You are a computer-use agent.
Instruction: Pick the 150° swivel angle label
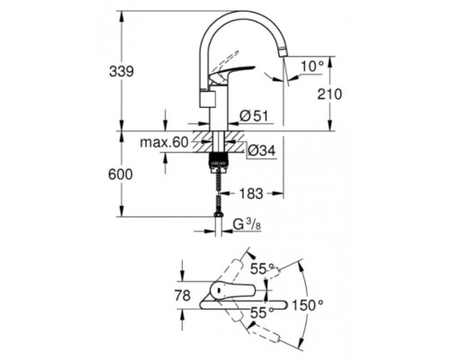pos(307,306)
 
